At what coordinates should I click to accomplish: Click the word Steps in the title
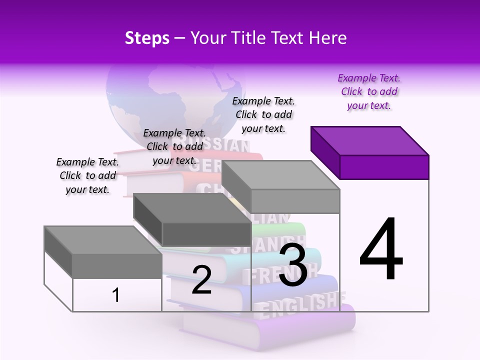click(147, 38)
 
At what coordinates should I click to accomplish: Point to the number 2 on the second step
click(201, 280)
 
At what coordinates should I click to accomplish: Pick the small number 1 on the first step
click(116, 295)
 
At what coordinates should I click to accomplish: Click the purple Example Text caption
click(369, 91)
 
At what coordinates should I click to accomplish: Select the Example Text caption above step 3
click(263, 114)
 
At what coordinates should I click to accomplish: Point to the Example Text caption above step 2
click(174, 146)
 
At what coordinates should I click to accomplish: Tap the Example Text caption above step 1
click(87, 175)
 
